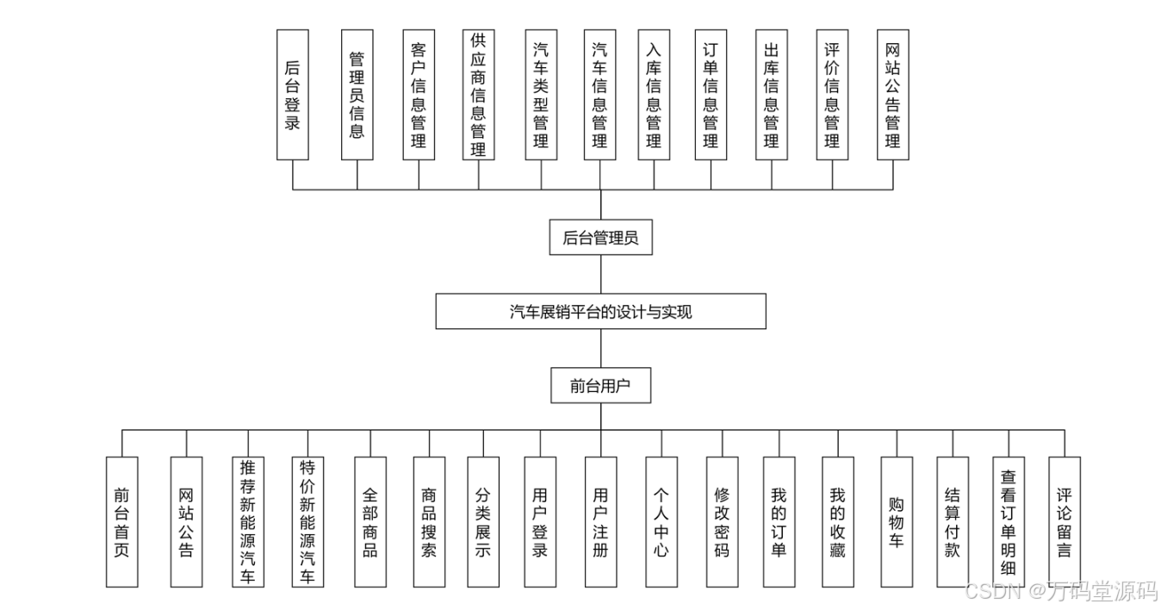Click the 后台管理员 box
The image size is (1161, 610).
click(600, 238)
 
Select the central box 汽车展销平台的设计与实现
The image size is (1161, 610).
click(600, 312)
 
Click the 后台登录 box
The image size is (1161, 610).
click(293, 95)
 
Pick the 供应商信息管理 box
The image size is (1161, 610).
click(478, 95)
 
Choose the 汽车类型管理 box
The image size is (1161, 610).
click(541, 95)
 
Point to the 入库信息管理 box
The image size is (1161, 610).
click(654, 95)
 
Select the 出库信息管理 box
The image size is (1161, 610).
click(771, 95)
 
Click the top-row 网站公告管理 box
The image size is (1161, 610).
click(893, 95)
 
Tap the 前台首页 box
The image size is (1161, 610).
click(121, 521)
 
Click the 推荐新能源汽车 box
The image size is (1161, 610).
click(247, 521)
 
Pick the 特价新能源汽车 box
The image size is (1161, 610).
click(307, 521)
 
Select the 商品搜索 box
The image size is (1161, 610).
click(429, 521)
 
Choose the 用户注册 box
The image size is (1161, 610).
click(600, 521)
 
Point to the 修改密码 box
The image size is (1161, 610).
click(722, 521)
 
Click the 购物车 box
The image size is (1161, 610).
click(897, 521)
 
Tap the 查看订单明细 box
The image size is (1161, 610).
click(1009, 521)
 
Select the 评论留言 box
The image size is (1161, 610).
click(1065, 521)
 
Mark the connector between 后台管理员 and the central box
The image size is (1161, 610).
click(600, 275)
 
